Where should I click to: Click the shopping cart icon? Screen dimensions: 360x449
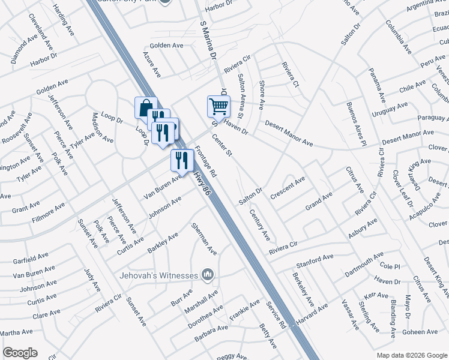[x=218, y=106]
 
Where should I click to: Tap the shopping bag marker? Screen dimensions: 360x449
[x=146, y=108]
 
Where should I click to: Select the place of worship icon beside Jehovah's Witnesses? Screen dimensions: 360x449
[x=208, y=275]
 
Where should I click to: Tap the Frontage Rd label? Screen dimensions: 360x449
[x=208, y=162]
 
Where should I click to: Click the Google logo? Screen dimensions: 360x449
[x=20, y=353]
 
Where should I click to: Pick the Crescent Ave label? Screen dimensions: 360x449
[x=288, y=188]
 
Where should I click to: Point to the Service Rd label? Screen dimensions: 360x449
[x=276, y=314]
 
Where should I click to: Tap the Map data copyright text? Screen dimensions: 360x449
[x=411, y=355]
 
